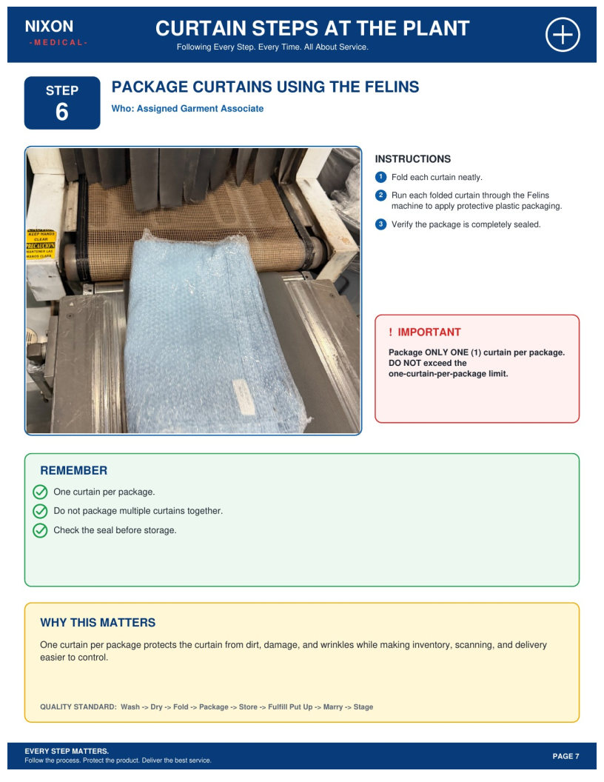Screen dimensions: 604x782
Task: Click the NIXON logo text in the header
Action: click(49, 27)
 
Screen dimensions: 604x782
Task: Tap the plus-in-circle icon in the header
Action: click(563, 35)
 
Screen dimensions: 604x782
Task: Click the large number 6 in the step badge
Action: click(61, 112)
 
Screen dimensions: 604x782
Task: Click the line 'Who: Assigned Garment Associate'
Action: click(187, 109)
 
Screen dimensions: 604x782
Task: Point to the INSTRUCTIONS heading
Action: click(412, 159)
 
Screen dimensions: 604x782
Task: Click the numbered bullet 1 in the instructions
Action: click(380, 177)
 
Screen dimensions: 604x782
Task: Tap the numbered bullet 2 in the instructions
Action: click(380, 195)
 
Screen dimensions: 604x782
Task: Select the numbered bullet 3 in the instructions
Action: click(380, 224)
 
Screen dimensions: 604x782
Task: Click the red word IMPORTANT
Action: click(429, 332)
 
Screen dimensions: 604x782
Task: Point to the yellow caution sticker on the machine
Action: click(41, 244)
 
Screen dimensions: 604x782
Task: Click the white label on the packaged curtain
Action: click(244, 396)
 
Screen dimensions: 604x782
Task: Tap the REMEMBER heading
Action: click(74, 470)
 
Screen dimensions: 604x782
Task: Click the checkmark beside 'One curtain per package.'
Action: click(40, 492)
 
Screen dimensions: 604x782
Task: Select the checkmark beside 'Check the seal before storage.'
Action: click(40, 531)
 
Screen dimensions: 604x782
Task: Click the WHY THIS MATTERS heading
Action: click(98, 622)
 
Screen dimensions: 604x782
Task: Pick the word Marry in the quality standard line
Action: click(333, 707)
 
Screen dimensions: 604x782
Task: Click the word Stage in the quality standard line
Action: click(363, 707)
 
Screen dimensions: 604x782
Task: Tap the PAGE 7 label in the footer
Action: click(566, 756)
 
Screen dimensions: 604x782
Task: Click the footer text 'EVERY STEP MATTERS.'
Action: click(67, 751)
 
